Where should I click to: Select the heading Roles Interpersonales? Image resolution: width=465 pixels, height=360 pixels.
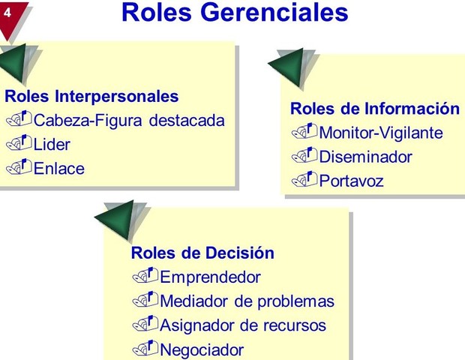coord(91,96)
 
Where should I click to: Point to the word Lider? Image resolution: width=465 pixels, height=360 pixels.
coord(52,144)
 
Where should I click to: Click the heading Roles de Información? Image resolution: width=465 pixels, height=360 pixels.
coord(374,109)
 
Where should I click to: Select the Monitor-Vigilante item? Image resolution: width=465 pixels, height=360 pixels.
coord(380,133)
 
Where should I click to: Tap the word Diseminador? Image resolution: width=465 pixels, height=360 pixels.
coord(365,157)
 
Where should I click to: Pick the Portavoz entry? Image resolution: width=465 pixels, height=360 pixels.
coord(351,181)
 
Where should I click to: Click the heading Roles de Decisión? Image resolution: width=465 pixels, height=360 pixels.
coord(202,253)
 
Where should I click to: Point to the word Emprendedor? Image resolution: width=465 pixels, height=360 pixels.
coord(211,277)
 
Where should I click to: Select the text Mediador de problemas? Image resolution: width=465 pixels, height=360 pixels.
coord(247,301)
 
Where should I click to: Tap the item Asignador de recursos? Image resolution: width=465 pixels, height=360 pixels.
coord(244,325)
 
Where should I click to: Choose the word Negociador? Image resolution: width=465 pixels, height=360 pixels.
coord(202,349)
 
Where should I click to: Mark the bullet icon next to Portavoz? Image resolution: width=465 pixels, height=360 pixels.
coord(303,180)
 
